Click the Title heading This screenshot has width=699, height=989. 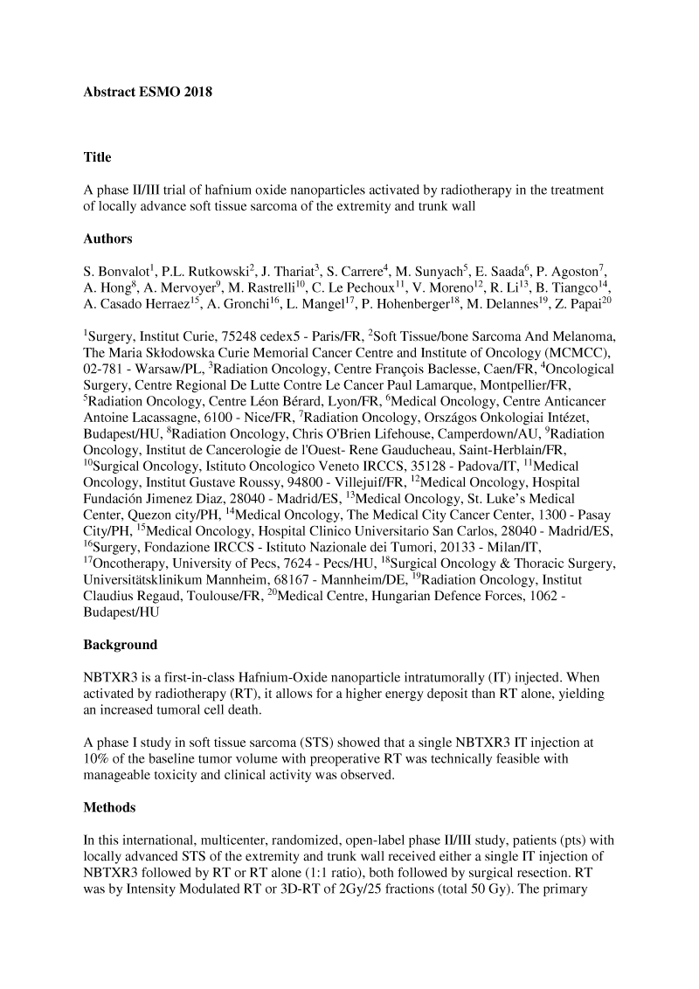(97, 157)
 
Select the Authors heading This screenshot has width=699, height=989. (107, 238)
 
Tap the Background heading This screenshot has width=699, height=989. (121, 645)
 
